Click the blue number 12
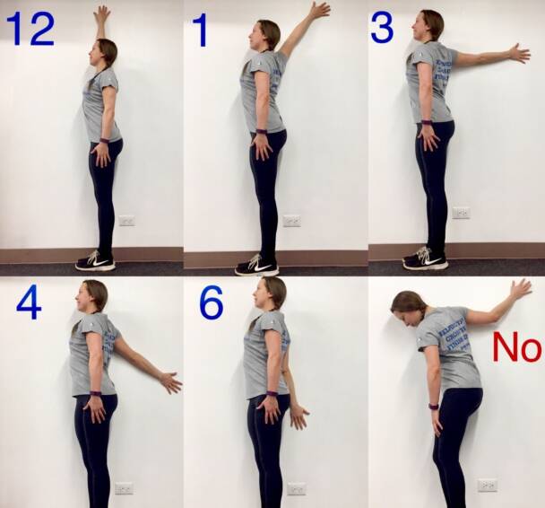tap(30, 29)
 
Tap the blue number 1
tap(200, 30)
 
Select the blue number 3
tap(382, 28)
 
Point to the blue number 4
tap(29, 303)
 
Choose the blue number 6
tap(212, 303)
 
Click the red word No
tap(516, 347)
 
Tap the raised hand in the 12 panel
tap(102, 14)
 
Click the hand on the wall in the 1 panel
tap(318, 11)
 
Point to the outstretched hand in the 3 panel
tap(519, 54)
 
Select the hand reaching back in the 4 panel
tap(170, 382)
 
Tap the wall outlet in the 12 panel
tap(126, 220)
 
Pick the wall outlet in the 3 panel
tap(461, 213)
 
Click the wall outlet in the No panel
tap(487, 485)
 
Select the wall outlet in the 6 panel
tap(296, 488)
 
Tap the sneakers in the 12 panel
tap(95, 261)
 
